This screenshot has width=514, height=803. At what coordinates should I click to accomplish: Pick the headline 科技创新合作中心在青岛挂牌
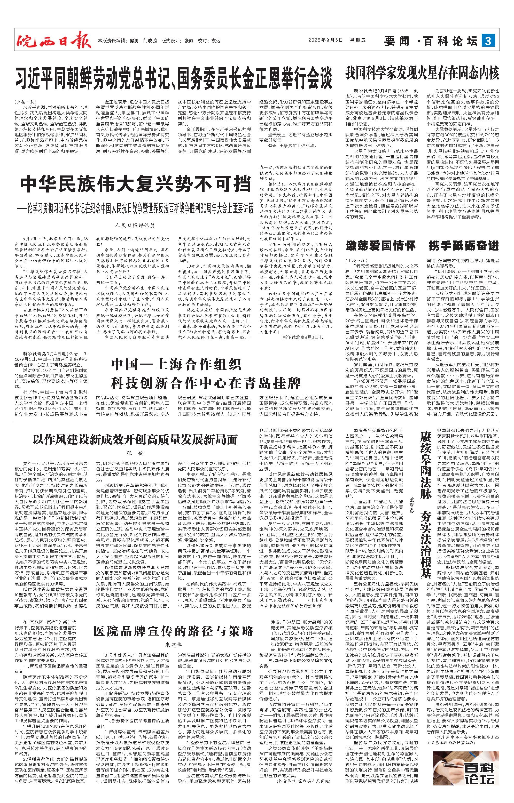206,383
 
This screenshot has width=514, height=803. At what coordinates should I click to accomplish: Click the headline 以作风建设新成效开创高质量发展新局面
135,440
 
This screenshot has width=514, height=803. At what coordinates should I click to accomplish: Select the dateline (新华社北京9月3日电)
303,338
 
